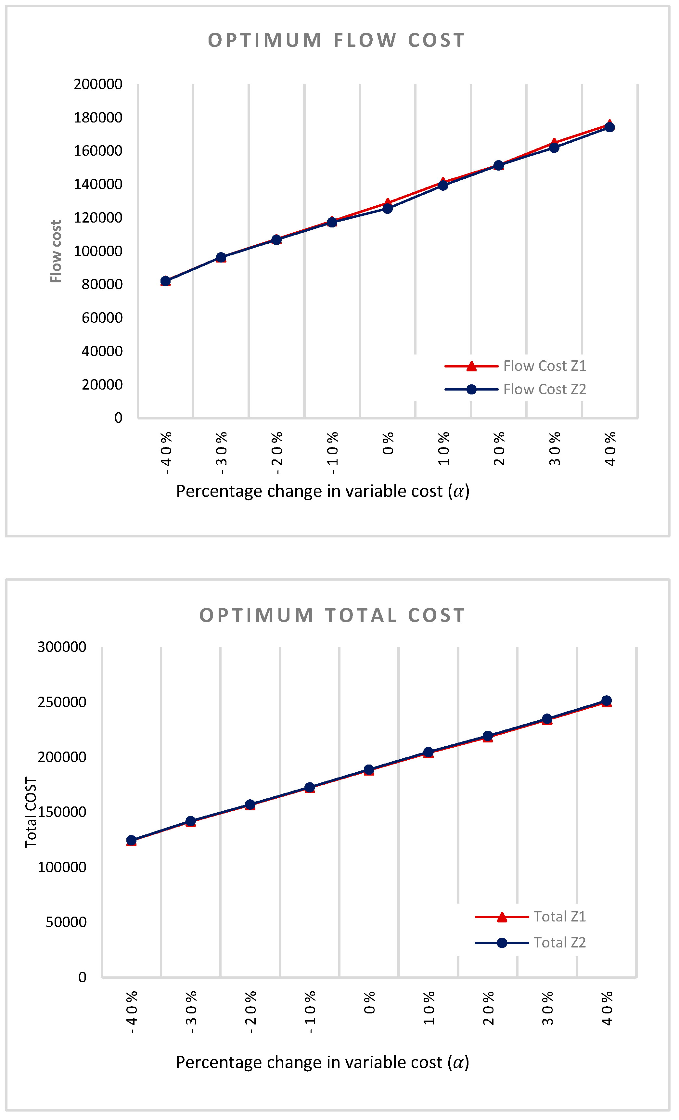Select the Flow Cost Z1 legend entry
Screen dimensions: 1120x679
544,366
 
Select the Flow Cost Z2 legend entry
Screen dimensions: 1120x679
544,390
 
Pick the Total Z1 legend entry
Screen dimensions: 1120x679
559,917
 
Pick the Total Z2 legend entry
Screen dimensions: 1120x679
559,943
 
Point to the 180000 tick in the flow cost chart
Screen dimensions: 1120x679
98,118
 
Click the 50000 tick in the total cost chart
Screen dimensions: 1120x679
66,922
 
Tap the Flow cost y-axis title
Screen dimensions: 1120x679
56,251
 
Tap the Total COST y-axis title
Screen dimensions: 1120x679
31,812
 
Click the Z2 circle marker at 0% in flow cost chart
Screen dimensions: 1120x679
388,209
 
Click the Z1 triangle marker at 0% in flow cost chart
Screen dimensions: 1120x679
387,202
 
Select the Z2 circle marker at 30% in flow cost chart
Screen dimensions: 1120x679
554,148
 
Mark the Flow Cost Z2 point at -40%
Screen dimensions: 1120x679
165,281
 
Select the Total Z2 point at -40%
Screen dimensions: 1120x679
131,841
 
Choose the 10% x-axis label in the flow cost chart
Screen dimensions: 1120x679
443,449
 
